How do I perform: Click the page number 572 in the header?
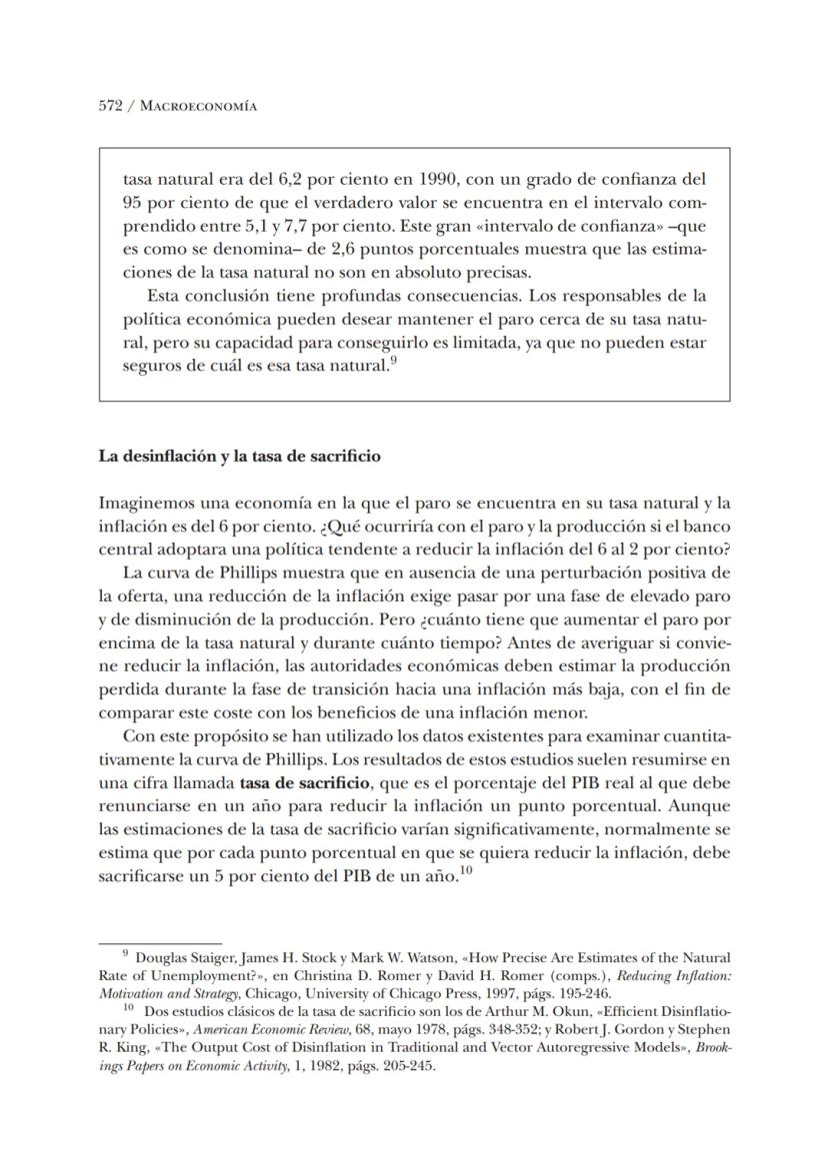[x=110, y=106]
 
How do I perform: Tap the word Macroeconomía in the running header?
[x=199, y=106]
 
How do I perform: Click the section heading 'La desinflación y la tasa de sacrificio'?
[x=239, y=457]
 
